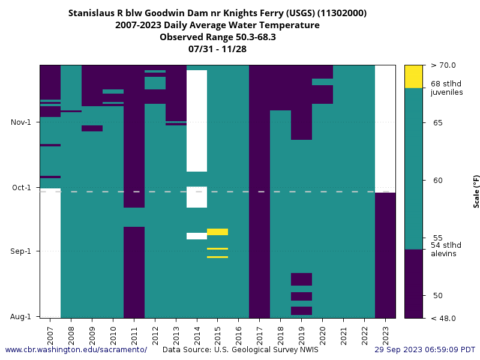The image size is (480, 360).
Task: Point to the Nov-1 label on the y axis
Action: click(22, 122)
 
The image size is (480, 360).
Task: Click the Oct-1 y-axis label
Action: click(22, 188)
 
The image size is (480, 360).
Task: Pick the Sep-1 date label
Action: click(22, 251)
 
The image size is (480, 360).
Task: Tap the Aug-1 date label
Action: click(22, 316)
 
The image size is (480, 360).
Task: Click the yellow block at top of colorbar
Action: click(413, 76)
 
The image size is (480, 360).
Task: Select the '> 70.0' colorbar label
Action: click(443, 65)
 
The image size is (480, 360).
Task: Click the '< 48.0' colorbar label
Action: click(443, 318)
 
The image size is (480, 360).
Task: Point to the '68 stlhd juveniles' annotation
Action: click(446, 88)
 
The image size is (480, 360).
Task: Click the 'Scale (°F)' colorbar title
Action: click(476, 191)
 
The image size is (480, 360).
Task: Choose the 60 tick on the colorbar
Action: click(437, 180)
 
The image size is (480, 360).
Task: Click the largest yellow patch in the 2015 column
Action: click(217, 232)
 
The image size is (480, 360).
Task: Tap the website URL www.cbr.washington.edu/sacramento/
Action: click(76, 350)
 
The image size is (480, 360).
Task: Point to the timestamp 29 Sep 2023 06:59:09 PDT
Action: click(425, 350)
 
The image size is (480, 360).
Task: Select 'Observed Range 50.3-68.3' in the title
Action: click(217, 37)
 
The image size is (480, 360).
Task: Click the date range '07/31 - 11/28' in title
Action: click(217, 49)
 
